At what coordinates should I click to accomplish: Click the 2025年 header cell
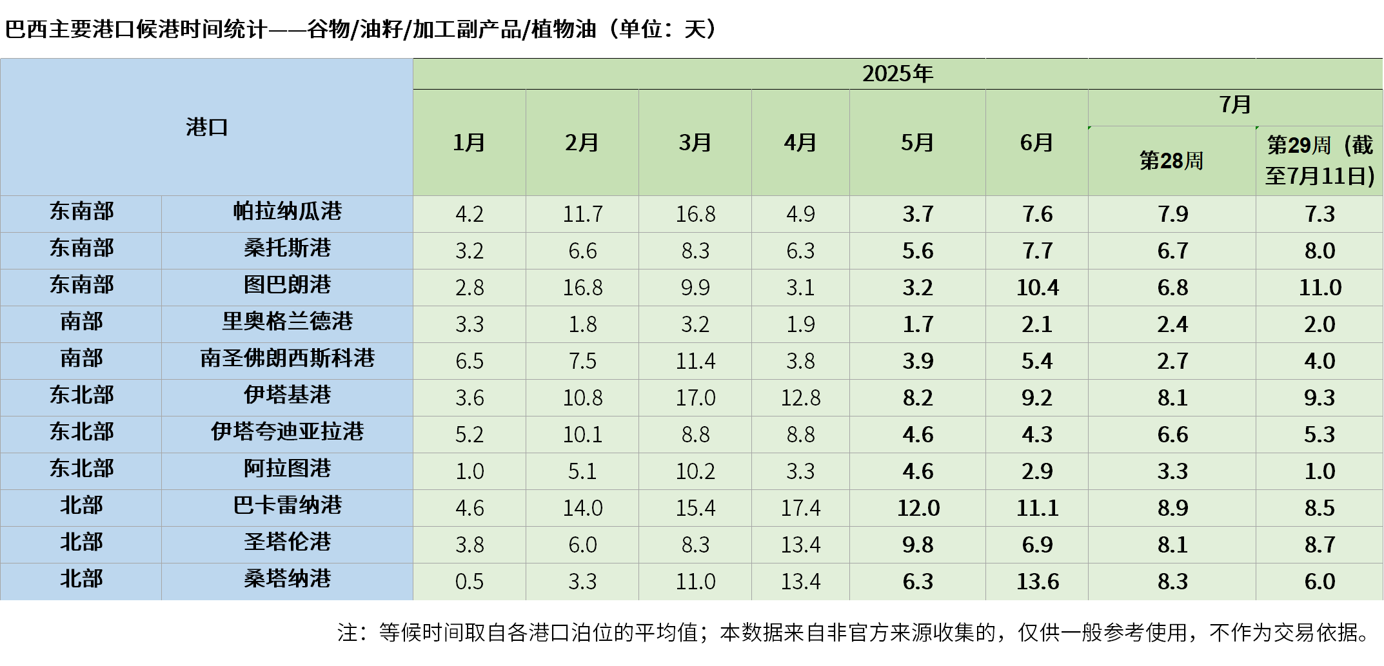tap(897, 74)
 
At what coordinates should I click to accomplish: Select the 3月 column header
tap(695, 142)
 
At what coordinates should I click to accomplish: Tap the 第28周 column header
tap(1171, 161)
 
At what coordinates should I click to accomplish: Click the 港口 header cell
tap(206, 127)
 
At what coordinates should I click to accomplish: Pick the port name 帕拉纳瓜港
tap(287, 211)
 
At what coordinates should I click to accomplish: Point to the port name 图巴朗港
tap(287, 285)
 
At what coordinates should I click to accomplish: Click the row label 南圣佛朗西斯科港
tap(287, 358)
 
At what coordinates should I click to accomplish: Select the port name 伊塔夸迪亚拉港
tap(287, 432)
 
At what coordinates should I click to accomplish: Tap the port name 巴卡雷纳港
tap(287, 505)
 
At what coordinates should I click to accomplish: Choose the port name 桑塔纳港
tap(287, 579)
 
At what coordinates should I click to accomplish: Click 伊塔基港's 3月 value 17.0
tap(695, 398)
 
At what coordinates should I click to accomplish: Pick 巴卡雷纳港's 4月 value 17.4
tap(800, 508)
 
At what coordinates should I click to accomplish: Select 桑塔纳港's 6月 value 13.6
tap(1037, 582)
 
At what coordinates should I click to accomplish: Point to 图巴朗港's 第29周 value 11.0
tap(1320, 288)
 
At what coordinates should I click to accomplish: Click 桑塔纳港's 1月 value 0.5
tap(469, 582)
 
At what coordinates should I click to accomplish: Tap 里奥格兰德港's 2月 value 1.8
tap(582, 324)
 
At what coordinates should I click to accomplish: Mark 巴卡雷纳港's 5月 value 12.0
tap(918, 508)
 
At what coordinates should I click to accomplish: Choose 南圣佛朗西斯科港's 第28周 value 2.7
tap(1172, 361)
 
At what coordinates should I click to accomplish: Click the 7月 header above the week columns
tap(1235, 105)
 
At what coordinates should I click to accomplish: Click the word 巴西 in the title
tap(26, 29)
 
